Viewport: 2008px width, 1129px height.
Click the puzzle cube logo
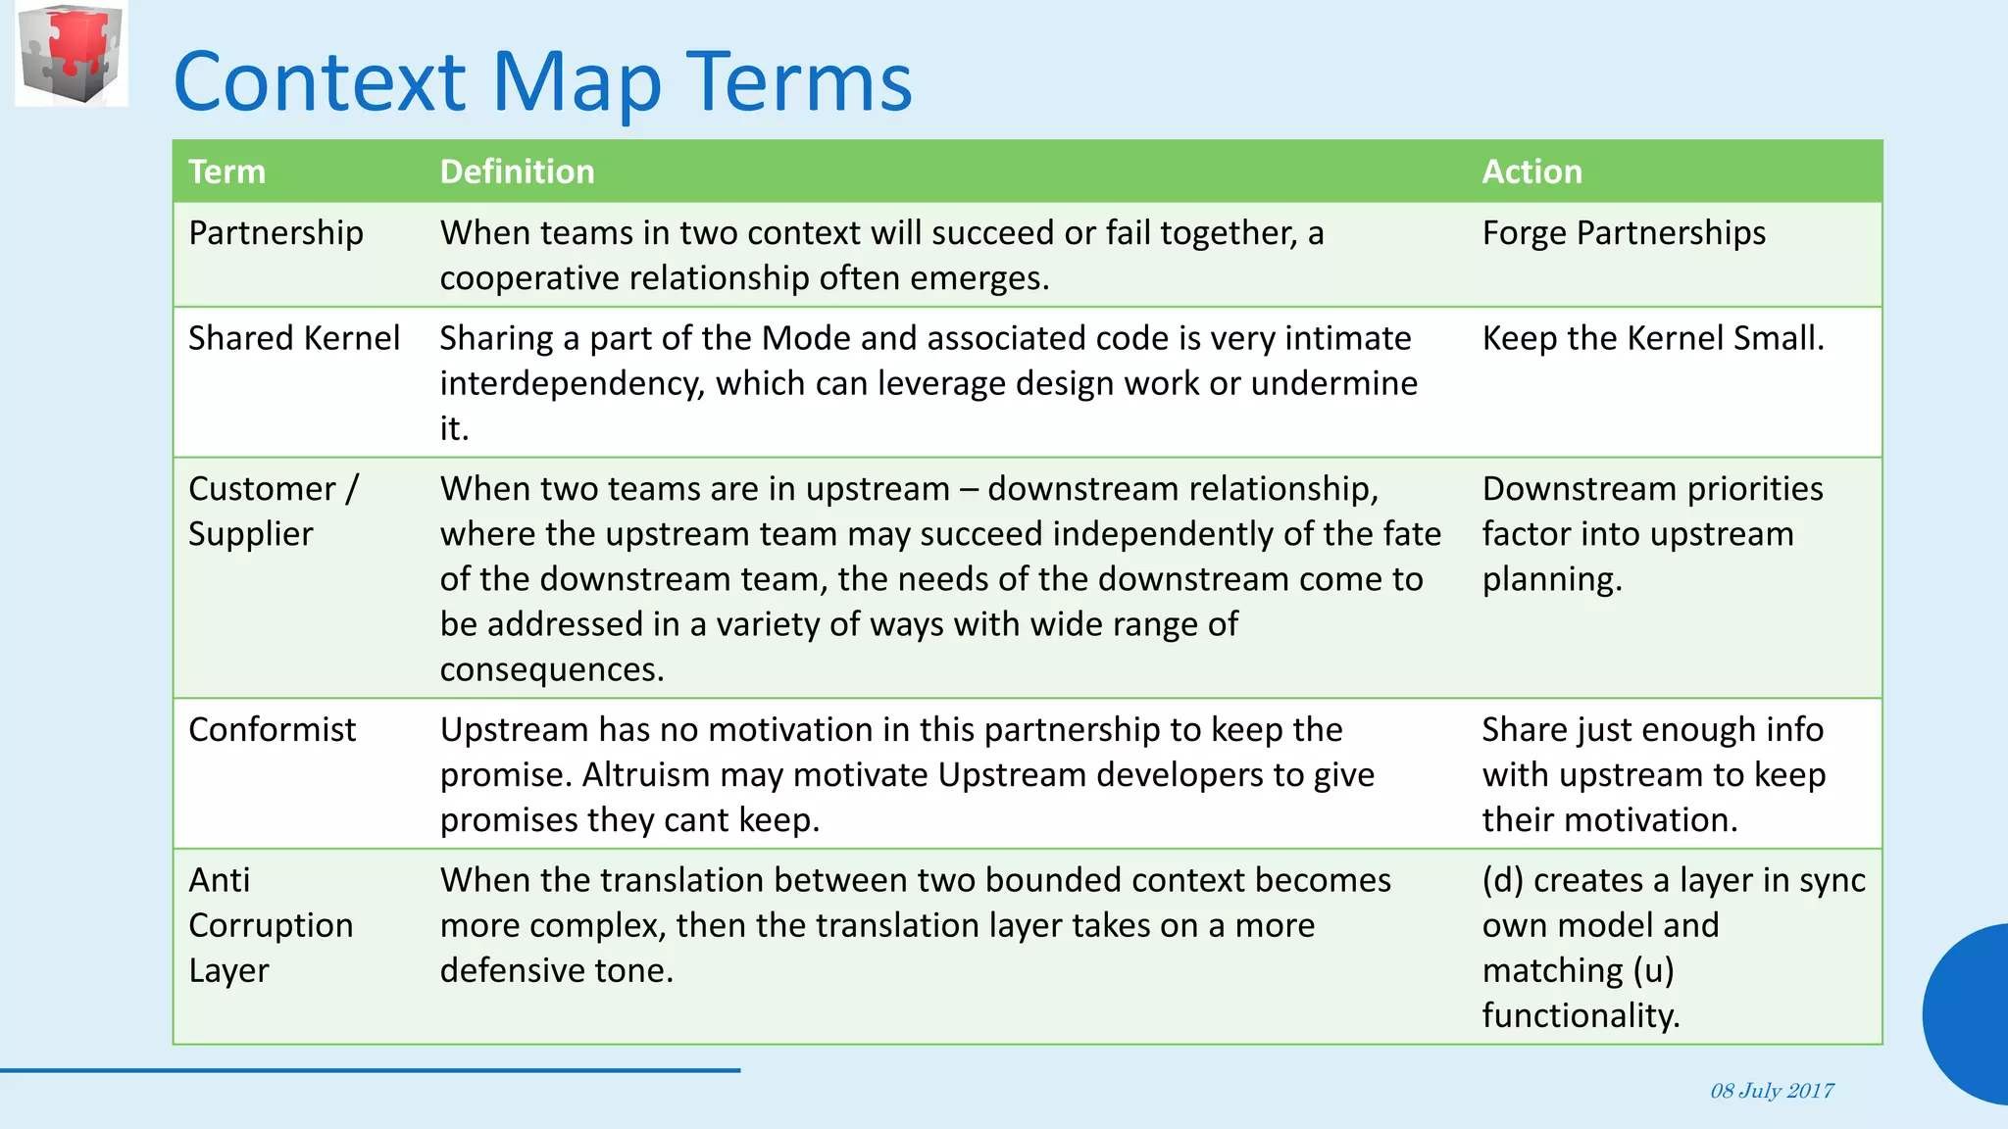72,54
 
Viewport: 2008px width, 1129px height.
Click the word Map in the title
576,82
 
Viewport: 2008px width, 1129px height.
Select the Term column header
226,172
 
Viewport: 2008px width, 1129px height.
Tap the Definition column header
517,172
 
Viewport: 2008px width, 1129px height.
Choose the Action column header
1531,172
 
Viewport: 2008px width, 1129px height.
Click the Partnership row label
276,233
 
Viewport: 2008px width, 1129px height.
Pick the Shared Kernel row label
293,338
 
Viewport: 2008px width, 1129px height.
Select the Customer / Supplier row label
273,511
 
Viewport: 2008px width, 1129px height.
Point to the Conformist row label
272,730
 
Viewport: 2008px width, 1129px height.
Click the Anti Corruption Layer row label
270,925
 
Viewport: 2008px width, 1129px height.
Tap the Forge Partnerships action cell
1624,233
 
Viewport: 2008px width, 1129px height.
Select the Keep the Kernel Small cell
1653,338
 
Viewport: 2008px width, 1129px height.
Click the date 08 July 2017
1772,1091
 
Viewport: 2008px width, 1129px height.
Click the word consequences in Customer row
551,669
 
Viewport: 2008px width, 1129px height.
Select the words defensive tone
555,970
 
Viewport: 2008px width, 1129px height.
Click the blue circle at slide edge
1969,1014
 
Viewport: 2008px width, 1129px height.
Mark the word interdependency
572,383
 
